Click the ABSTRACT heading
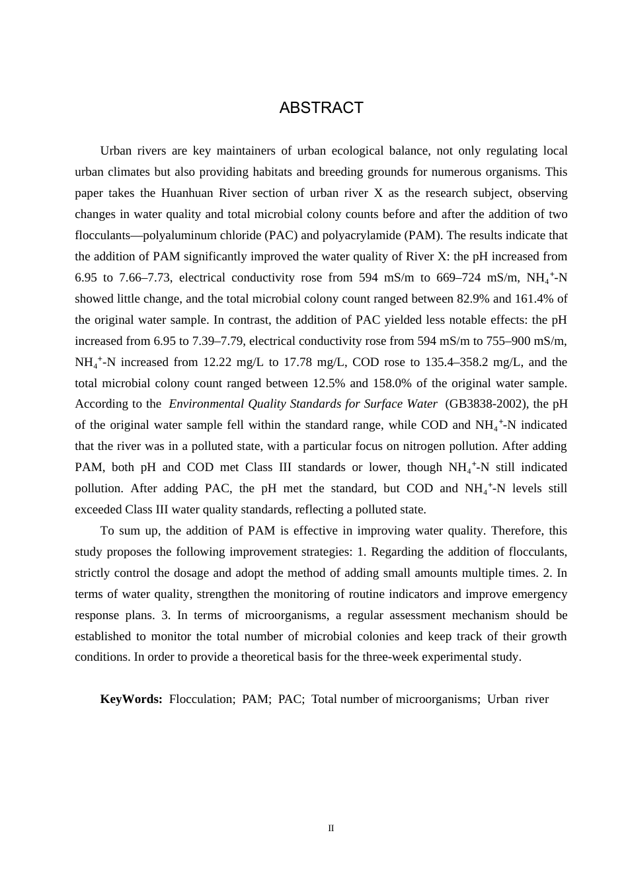(321, 108)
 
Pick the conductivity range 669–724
(460, 277)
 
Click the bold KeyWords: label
(131, 699)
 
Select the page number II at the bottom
(331, 829)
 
